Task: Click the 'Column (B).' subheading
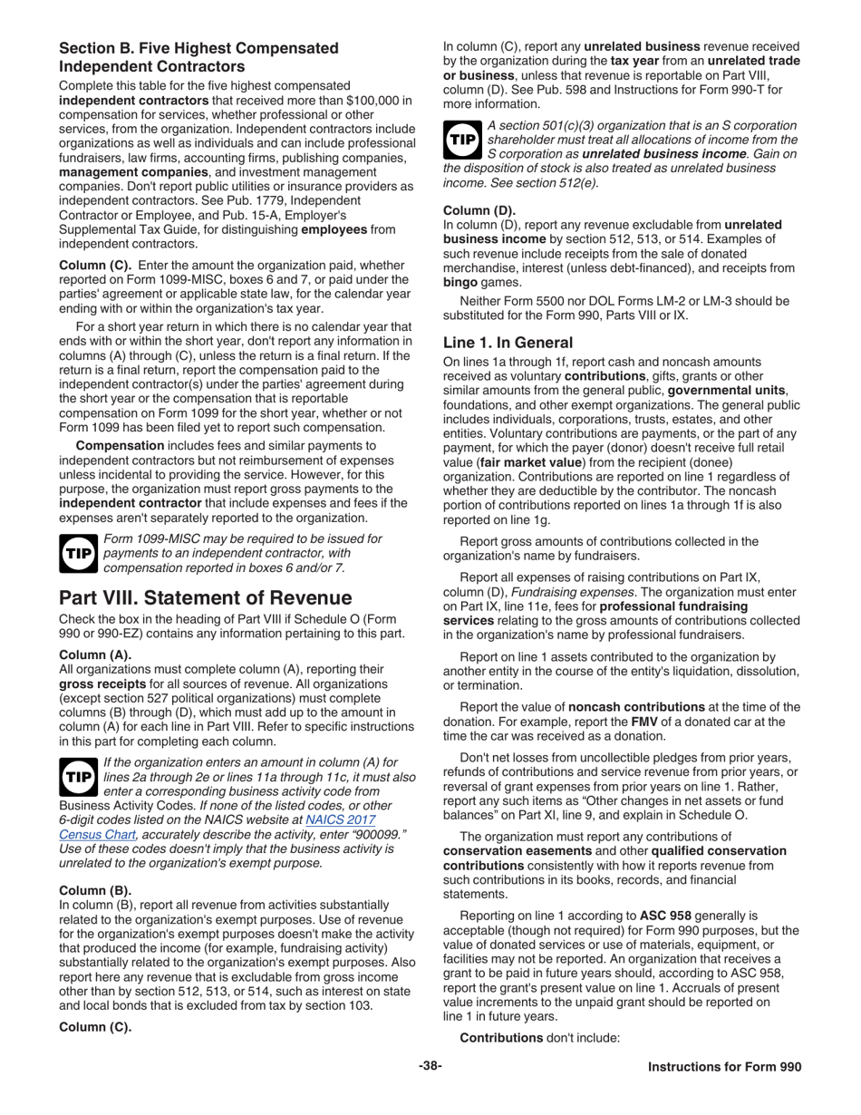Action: pyautogui.click(x=93, y=889)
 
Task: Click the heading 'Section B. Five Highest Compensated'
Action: pyautogui.click(x=198, y=48)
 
